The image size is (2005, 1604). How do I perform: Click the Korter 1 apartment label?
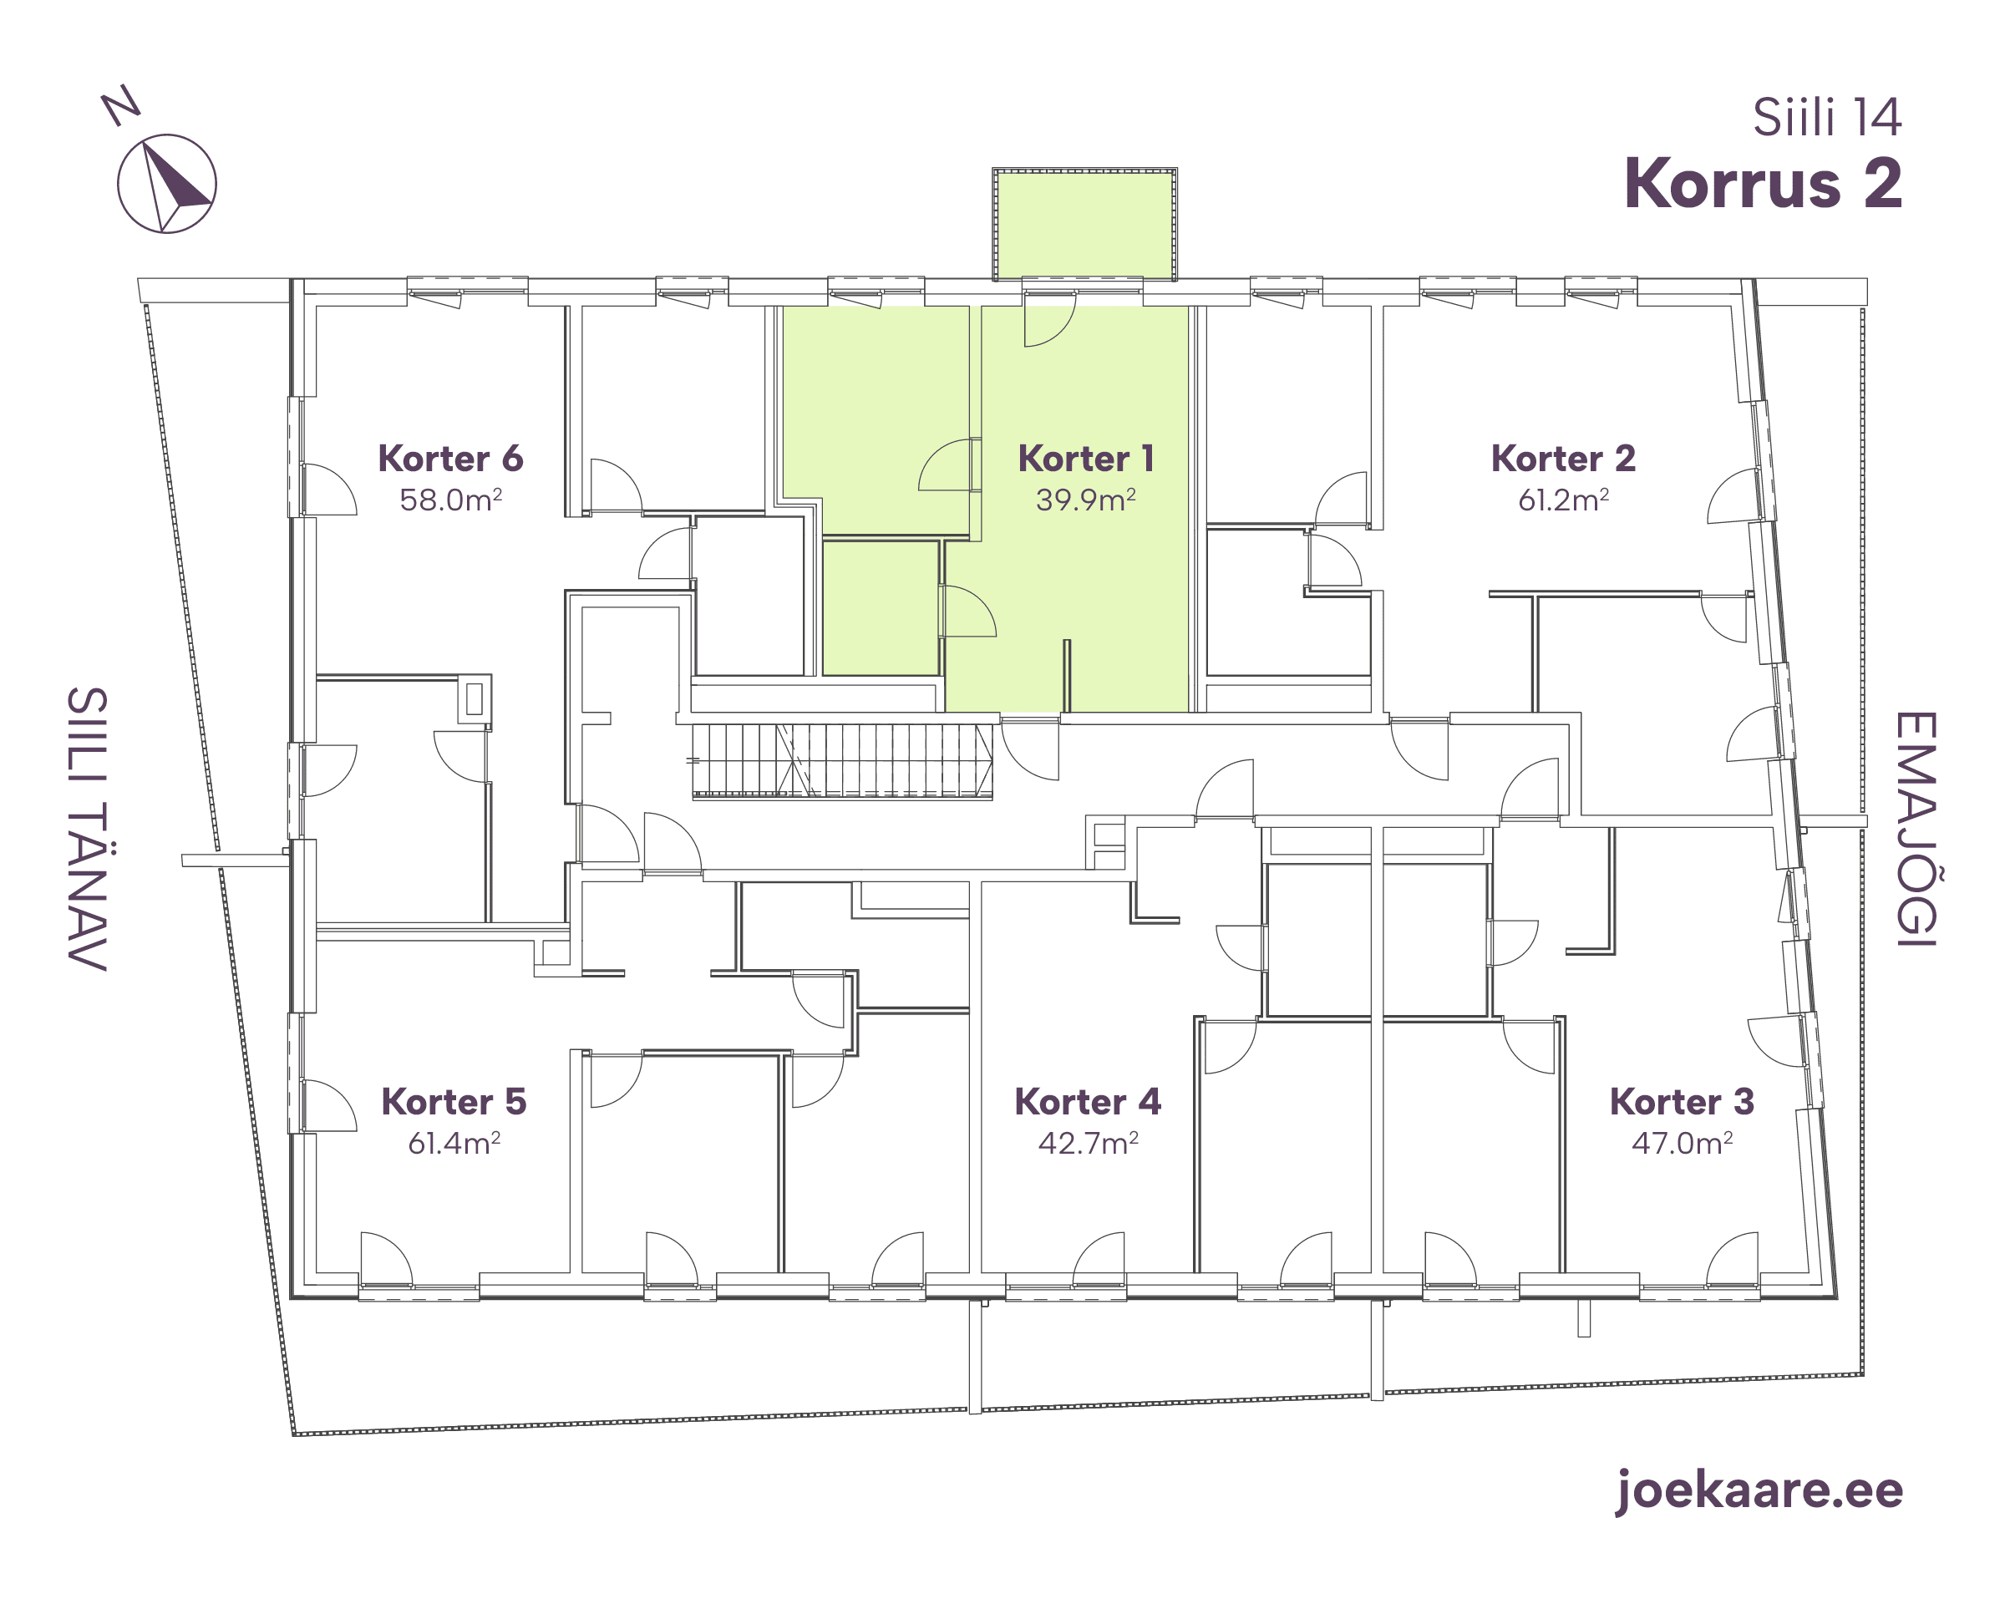tap(1085, 459)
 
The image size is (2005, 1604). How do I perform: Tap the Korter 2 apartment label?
tap(1563, 459)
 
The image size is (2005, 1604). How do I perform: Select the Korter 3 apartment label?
tap(1683, 1102)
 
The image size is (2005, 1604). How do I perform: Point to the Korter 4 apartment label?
tap(1088, 1102)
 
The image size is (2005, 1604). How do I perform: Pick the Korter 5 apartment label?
tap(454, 1102)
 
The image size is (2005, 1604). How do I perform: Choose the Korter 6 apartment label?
tap(451, 459)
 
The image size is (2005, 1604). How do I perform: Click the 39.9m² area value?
tap(1086, 500)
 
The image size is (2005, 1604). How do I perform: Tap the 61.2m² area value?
tap(1563, 500)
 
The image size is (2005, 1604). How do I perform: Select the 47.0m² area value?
tap(1683, 1143)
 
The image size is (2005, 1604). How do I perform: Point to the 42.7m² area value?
tap(1088, 1143)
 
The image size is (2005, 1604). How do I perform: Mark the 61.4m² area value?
tap(454, 1143)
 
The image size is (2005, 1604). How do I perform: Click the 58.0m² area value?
tap(451, 500)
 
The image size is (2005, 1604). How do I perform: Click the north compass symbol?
tap(167, 184)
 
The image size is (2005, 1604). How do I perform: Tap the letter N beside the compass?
tap(121, 105)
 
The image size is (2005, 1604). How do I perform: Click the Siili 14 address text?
tap(1827, 118)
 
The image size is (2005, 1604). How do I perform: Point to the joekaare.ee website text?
tap(1759, 1490)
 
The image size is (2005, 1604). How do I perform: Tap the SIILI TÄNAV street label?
tap(88, 830)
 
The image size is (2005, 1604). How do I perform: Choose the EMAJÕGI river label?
tap(1916, 830)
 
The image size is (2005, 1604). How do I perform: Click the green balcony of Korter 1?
tap(1084, 224)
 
